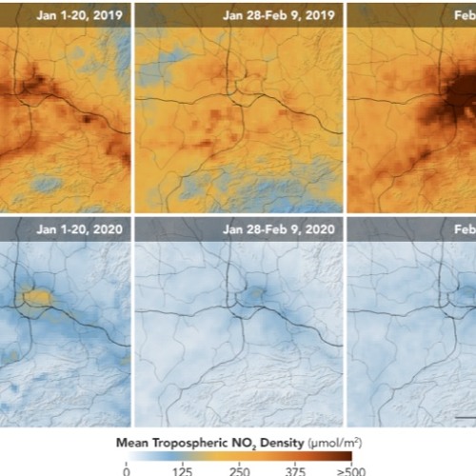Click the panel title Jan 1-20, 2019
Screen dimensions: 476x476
(81, 14)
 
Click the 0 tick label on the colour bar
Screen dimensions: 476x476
(127, 469)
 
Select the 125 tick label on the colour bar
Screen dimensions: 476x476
(183, 469)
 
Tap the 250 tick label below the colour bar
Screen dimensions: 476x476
(239, 469)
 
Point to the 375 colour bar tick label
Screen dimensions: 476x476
(295, 469)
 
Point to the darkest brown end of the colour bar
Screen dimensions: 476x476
(345, 456)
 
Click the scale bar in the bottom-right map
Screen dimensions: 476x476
(466, 416)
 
